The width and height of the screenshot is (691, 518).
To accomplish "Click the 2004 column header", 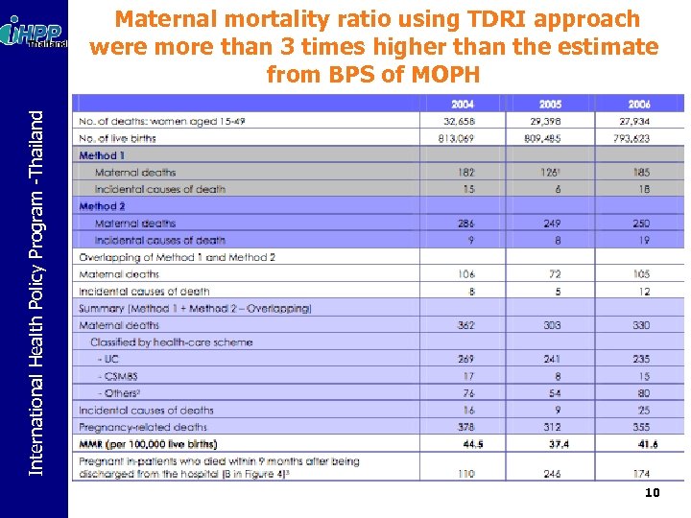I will (465, 105).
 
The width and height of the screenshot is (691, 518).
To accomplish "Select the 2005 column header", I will (550, 105).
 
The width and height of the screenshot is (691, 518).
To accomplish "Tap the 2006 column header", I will (638, 105).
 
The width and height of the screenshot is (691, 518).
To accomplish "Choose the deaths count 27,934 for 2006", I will (634, 122).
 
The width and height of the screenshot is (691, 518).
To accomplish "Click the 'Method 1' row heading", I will (102, 155).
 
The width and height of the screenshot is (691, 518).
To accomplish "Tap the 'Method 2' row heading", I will (102, 206).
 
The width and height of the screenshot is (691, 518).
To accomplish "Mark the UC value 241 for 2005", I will (550, 359).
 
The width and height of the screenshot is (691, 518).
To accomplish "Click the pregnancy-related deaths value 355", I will (640, 427).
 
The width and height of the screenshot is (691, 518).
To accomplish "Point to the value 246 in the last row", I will (551, 474).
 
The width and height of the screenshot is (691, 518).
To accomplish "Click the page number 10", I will (652, 493).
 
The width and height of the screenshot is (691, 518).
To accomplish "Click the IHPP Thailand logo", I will (36, 34).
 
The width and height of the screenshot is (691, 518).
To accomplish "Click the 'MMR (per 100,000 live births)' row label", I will (148, 444).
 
